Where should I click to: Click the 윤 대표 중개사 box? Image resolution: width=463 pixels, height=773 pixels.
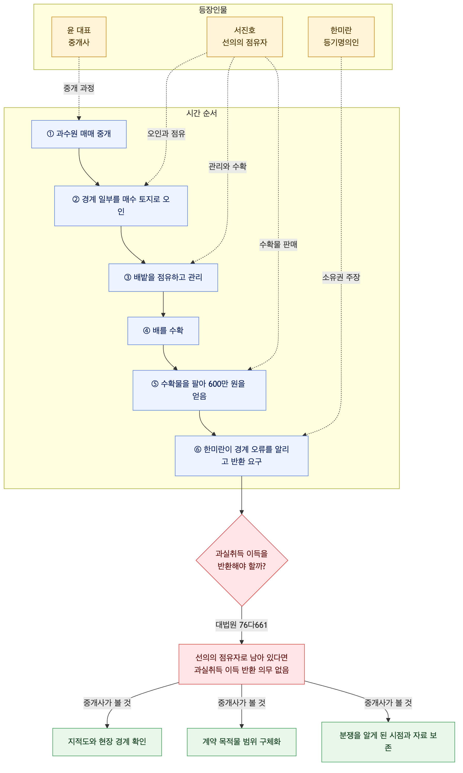79,37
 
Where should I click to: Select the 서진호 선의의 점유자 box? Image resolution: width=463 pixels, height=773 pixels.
245,37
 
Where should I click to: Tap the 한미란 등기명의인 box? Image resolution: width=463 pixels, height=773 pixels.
341,37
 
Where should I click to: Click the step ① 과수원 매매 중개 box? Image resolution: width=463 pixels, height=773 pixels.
79,134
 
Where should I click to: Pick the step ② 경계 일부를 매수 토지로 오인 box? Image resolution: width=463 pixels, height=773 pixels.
121,206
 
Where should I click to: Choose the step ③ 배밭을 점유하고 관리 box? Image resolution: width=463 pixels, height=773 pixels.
163,278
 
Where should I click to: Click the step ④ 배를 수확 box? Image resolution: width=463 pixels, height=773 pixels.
163,331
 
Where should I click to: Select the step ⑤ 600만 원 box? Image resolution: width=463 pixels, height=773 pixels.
199,390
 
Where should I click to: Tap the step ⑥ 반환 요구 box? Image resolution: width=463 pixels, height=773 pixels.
242,456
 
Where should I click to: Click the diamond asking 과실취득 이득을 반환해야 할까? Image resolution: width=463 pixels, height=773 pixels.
242,560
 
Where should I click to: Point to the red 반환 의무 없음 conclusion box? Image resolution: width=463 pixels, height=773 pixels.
242,664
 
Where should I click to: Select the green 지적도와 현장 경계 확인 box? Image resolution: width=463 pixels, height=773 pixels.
107,742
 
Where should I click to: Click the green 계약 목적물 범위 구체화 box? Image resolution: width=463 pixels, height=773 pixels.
242,742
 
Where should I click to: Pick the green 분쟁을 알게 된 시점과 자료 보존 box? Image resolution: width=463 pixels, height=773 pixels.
388,742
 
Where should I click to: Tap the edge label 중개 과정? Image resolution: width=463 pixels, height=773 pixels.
79,88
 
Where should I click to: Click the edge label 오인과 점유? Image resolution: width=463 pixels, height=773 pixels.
166,134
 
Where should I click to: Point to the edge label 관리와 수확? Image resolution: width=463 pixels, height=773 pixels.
227,166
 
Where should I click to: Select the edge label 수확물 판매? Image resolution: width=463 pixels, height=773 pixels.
278,245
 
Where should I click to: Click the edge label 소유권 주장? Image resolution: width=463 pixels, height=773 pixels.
341,277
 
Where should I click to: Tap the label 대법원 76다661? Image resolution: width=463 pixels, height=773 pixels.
242,625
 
